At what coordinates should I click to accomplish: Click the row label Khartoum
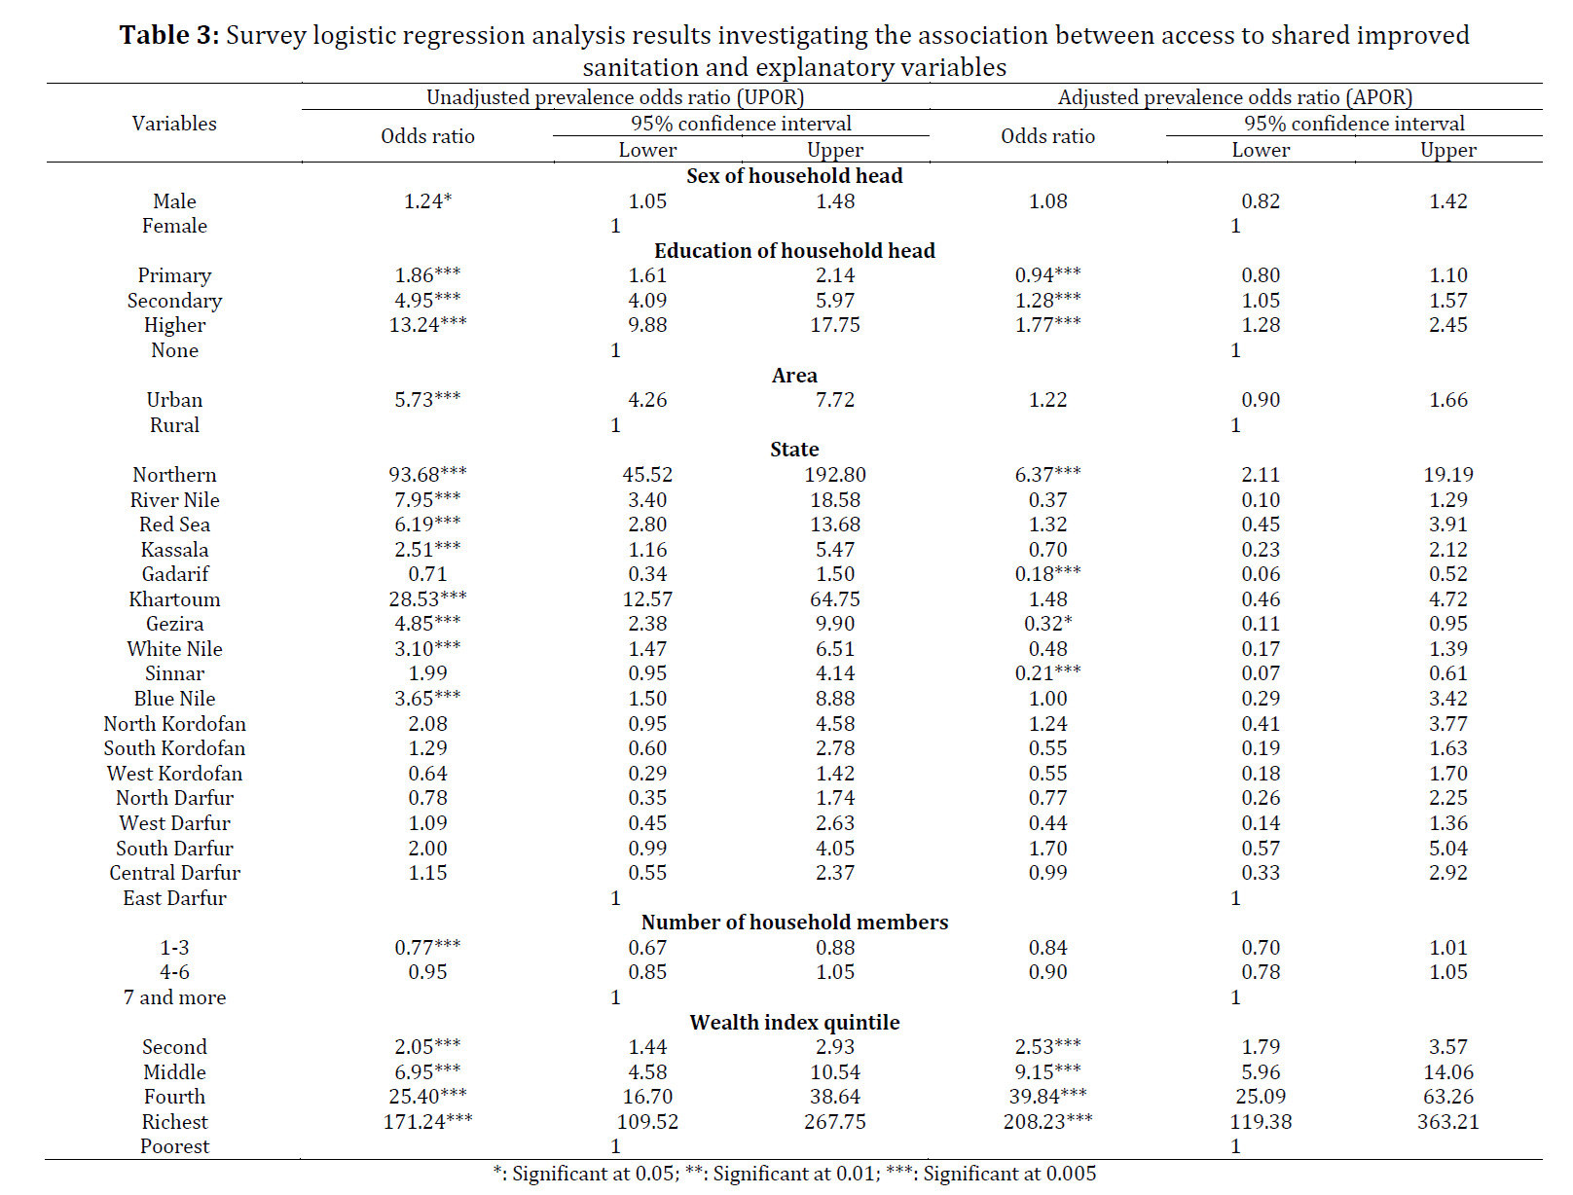[174, 598]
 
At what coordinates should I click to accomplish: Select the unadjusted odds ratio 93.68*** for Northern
[428, 474]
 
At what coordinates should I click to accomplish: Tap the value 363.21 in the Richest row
[1447, 1121]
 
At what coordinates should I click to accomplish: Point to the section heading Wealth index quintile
[794, 1023]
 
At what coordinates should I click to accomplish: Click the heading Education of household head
[794, 251]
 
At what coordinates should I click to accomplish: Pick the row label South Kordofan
[174, 748]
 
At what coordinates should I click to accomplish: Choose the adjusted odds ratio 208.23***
[1047, 1121]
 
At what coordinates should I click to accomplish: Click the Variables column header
[174, 124]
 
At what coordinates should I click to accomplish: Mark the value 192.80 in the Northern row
[835, 474]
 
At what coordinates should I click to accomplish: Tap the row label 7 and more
[174, 997]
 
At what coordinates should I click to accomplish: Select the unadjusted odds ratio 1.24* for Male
[428, 201]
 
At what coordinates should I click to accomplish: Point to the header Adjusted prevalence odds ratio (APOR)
[1235, 97]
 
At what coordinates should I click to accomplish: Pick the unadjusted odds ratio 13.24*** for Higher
[428, 325]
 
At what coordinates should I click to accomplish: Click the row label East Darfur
[174, 897]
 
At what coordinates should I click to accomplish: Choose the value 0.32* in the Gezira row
[1047, 624]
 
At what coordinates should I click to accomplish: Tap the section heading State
[794, 450]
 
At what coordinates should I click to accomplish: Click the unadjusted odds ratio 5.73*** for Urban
[428, 400]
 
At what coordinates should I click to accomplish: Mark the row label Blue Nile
[174, 699]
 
